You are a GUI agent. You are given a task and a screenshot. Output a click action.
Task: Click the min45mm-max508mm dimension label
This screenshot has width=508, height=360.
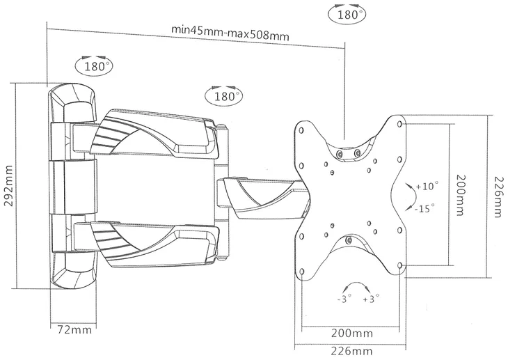tap(230, 33)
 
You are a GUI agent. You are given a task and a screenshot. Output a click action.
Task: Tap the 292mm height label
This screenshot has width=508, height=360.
tap(9, 186)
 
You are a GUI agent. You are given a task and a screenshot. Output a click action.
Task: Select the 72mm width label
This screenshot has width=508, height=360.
tap(74, 330)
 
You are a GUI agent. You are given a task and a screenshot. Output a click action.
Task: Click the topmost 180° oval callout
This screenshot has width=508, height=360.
tap(348, 14)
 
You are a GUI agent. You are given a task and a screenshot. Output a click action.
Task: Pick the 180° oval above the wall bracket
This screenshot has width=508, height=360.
tap(95, 66)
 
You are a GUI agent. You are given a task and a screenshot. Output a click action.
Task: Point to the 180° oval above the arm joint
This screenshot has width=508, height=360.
tap(225, 96)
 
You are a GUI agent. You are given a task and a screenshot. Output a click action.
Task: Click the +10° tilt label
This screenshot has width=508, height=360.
tap(427, 187)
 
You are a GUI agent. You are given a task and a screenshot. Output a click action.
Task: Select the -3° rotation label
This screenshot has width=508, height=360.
tap(344, 299)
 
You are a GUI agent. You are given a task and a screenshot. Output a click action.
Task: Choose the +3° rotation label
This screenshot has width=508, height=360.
tap(371, 299)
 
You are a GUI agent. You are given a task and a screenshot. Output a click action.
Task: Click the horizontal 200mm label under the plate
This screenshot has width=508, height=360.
tap(352, 333)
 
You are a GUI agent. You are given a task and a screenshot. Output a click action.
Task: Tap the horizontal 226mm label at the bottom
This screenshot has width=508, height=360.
tap(351, 351)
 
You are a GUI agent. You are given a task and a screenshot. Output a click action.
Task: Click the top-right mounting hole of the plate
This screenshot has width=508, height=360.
tap(399, 124)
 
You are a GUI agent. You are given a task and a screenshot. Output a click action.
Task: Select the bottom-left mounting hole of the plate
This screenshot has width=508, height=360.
tap(302, 271)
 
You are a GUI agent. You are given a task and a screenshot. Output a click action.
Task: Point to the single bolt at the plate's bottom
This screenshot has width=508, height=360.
tap(349, 240)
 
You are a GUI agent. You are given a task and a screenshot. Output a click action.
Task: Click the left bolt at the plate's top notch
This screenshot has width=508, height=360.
tap(340, 154)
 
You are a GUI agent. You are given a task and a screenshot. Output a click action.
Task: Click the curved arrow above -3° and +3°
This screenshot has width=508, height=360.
tap(357, 283)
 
